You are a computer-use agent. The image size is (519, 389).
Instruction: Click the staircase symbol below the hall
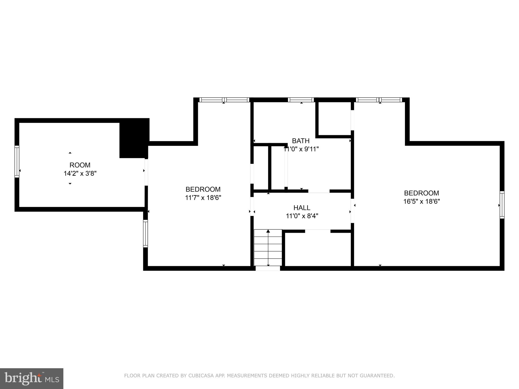pyautogui.click(x=268, y=247)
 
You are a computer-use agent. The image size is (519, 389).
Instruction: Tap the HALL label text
pyautogui.click(x=302, y=208)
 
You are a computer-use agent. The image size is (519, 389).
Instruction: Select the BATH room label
pyautogui.click(x=301, y=141)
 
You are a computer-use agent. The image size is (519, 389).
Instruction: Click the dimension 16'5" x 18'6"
pyautogui.click(x=421, y=202)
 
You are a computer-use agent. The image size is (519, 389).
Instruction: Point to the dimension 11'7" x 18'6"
pyautogui.click(x=203, y=198)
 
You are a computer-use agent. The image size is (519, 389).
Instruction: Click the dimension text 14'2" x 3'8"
pyautogui.click(x=80, y=173)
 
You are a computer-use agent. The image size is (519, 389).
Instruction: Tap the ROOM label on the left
pyautogui.click(x=80, y=165)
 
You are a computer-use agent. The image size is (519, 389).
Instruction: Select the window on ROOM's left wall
pyautogui.click(x=17, y=162)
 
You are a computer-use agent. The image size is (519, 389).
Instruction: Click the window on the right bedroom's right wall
pyautogui.click(x=502, y=205)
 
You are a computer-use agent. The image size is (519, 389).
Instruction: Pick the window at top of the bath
pyautogui.click(x=301, y=100)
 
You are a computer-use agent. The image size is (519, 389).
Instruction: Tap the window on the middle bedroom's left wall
pyautogui.click(x=145, y=233)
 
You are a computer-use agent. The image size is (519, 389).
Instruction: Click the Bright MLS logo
pyautogui.click(x=32, y=378)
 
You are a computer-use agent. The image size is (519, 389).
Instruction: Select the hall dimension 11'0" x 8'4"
pyautogui.click(x=302, y=216)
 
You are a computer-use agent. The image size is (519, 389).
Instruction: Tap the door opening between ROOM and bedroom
pyautogui.click(x=146, y=172)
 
